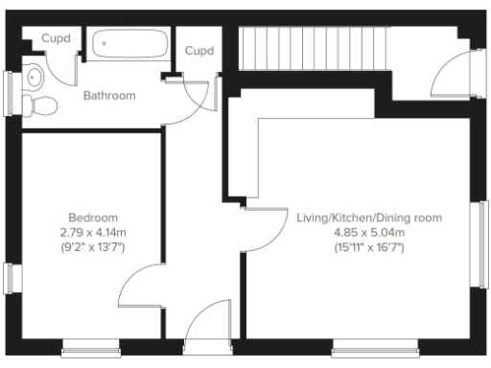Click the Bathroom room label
click(108, 96)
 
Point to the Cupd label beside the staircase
click(199, 51)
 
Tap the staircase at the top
click(312, 47)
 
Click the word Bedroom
click(93, 218)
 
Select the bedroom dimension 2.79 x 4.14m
click(93, 232)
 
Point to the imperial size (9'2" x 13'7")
click(93, 247)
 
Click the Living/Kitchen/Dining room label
click(369, 218)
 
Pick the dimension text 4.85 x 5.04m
click(369, 232)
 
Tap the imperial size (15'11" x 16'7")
click(369, 247)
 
